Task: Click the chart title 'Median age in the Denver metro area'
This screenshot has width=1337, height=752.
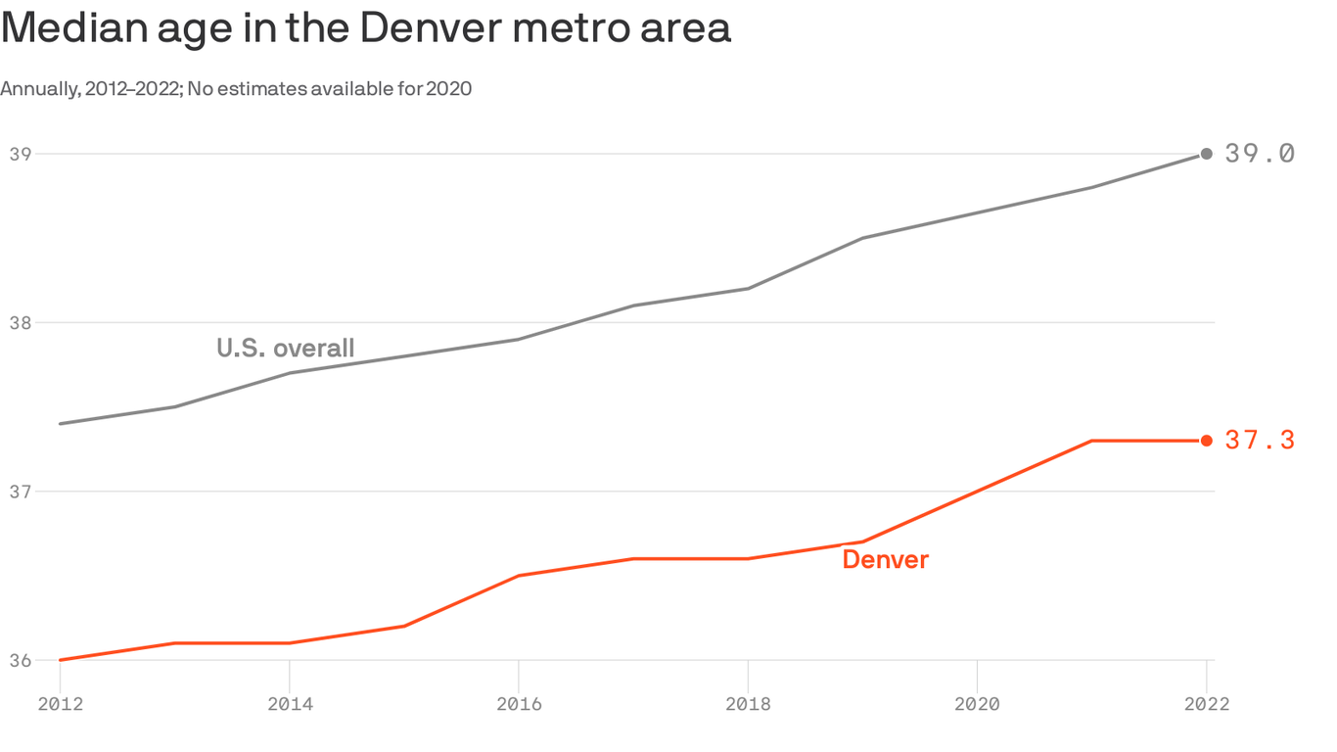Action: click(x=365, y=27)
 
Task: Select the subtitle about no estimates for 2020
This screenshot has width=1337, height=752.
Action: click(x=236, y=89)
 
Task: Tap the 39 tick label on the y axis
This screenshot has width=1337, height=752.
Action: click(x=20, y=154)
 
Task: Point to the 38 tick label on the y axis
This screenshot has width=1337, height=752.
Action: click(x=20, y=323)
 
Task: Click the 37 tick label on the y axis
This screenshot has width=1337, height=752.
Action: click(x=20, y=492)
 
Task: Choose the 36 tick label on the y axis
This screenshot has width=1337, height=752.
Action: click(x=20, y=661)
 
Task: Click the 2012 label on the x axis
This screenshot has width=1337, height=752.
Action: click(x=60, y=704)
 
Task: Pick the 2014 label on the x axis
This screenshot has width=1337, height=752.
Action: click(x=289, y=704)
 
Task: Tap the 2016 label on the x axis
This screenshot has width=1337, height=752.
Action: click(x=518, y=704)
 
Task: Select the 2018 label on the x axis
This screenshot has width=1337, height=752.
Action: click(x=748, y=704)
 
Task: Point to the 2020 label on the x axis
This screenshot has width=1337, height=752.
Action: click(x=977, y=704)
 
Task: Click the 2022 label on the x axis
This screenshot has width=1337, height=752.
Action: click(x=1206, y=704)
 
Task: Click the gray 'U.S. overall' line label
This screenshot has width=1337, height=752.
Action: click(x=285, y=348)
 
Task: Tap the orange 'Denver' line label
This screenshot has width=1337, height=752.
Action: click(x=885, y=559)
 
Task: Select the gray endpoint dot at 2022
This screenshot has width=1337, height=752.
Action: click(x=1207, y=154)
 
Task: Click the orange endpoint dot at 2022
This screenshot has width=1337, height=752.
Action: click(x=1207, y=441)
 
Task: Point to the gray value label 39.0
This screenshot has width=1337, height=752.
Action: click(x=1260, y=154)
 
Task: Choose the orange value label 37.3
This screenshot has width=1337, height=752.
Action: click(x=1260, y=441)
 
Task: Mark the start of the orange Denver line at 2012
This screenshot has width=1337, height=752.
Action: click(x=61, y=660)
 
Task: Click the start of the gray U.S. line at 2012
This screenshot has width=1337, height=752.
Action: click(x=61, y=424)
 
